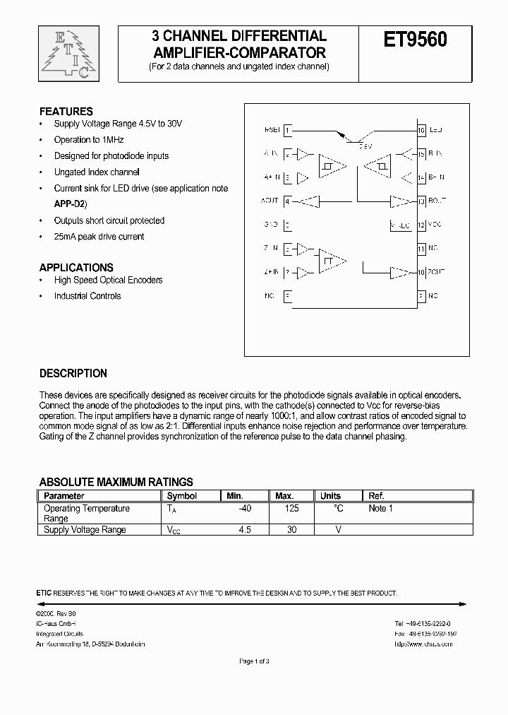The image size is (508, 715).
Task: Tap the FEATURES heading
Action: [66, 112]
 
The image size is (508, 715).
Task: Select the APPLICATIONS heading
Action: [76, 268]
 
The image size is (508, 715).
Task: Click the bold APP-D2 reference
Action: [70, 203]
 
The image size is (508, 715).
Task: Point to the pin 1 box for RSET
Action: [287, 130]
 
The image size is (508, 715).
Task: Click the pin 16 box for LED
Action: [421, 130]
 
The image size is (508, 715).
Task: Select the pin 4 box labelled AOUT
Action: [287, 201]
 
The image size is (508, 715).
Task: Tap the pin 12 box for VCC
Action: [421, 225]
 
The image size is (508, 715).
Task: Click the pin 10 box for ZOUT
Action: [421, 272]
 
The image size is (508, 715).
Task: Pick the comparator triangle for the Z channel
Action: [331, 261]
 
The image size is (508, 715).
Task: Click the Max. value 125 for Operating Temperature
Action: [291, 509]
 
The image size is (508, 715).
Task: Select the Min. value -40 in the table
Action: [245, 509]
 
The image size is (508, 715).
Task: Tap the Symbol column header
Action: [181, 496]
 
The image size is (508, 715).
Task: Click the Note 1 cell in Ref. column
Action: [380, 509]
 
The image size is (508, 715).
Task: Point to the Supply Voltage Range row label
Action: [85, 530]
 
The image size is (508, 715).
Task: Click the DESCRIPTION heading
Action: [73, 373]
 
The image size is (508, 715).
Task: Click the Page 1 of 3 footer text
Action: [254, 661]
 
